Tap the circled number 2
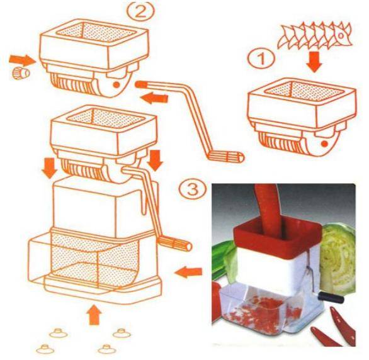[140, 11]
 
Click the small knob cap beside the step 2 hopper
[21, 73]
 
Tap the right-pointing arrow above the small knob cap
[22, 60]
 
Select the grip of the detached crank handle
[225, 156]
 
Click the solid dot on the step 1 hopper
[324, 143]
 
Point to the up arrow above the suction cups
[94, 315]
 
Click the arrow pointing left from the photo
[188, 272]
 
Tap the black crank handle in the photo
[331, 297]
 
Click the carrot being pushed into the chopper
[268, 210]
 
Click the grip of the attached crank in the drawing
[175, 243]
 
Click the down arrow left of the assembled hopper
[49, 167]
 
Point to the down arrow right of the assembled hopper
[155, 160]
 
